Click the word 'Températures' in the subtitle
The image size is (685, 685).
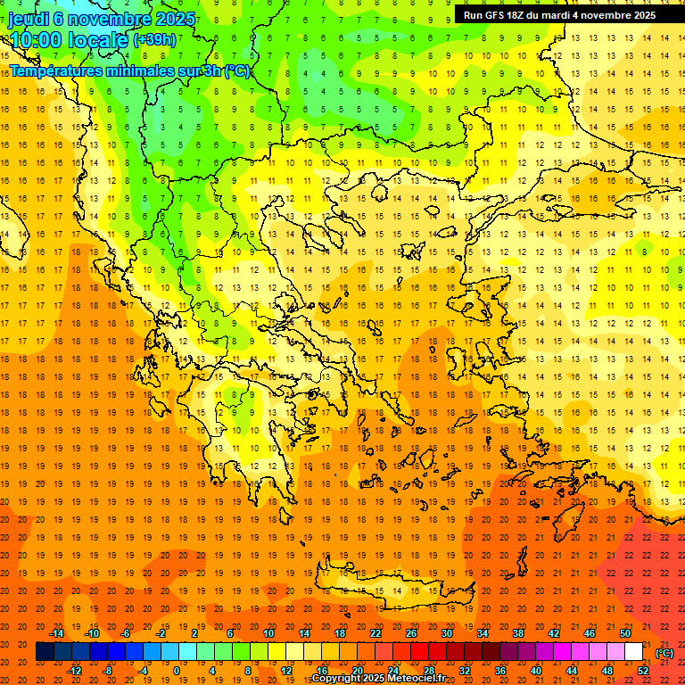coord(53,70)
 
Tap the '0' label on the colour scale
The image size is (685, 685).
coord(176,671)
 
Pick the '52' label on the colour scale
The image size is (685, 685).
coord(642,671)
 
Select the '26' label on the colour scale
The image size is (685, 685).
coord(411,633)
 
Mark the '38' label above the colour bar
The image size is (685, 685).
coord(518,633)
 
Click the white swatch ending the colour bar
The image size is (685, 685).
coord(633,652)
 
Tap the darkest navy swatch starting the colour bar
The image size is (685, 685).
coord(45,652)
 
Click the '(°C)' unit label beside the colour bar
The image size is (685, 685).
coord(664,653)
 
